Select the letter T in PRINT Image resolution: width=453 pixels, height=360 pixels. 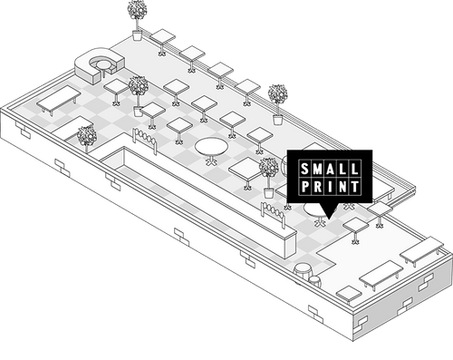(x=357, y=187)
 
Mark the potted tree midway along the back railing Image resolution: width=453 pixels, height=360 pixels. (x=277, y=98)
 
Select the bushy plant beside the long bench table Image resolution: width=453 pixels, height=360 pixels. (x=87, y=138)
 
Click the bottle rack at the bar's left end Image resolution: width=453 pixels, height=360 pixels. (x=146, y=138)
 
